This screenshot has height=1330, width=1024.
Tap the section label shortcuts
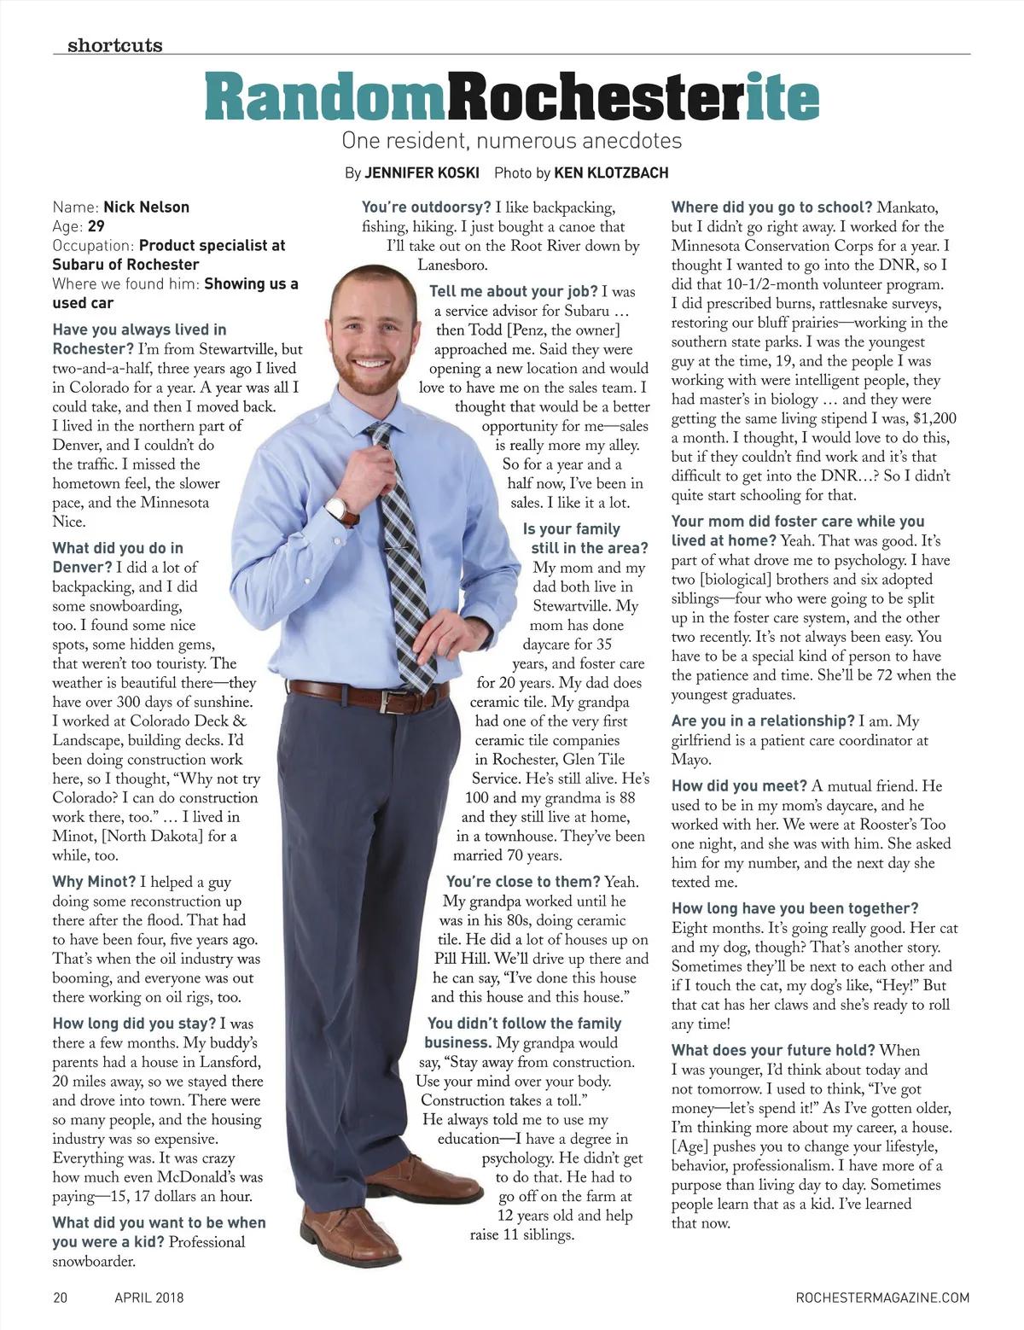[114, 45]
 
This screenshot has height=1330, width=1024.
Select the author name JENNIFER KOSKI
[422, 172]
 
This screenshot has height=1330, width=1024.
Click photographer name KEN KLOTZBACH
[611, 172]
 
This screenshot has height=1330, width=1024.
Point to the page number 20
[60, 1298]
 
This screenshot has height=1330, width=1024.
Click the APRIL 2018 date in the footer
[149, 1298]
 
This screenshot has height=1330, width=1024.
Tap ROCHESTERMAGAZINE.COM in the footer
[882, 1298]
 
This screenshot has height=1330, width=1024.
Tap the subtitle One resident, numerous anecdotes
[511, 140]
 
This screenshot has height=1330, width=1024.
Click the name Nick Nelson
[146, 207]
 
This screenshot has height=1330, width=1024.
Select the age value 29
[96, 226]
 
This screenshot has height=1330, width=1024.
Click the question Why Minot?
[94, 882]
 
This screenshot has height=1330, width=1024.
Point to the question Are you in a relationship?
[763, 721]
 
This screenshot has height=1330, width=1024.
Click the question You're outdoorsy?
[426, 207]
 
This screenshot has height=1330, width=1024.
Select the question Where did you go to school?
[771, 207]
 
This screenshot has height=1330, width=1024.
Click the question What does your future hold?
[773, 1050]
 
